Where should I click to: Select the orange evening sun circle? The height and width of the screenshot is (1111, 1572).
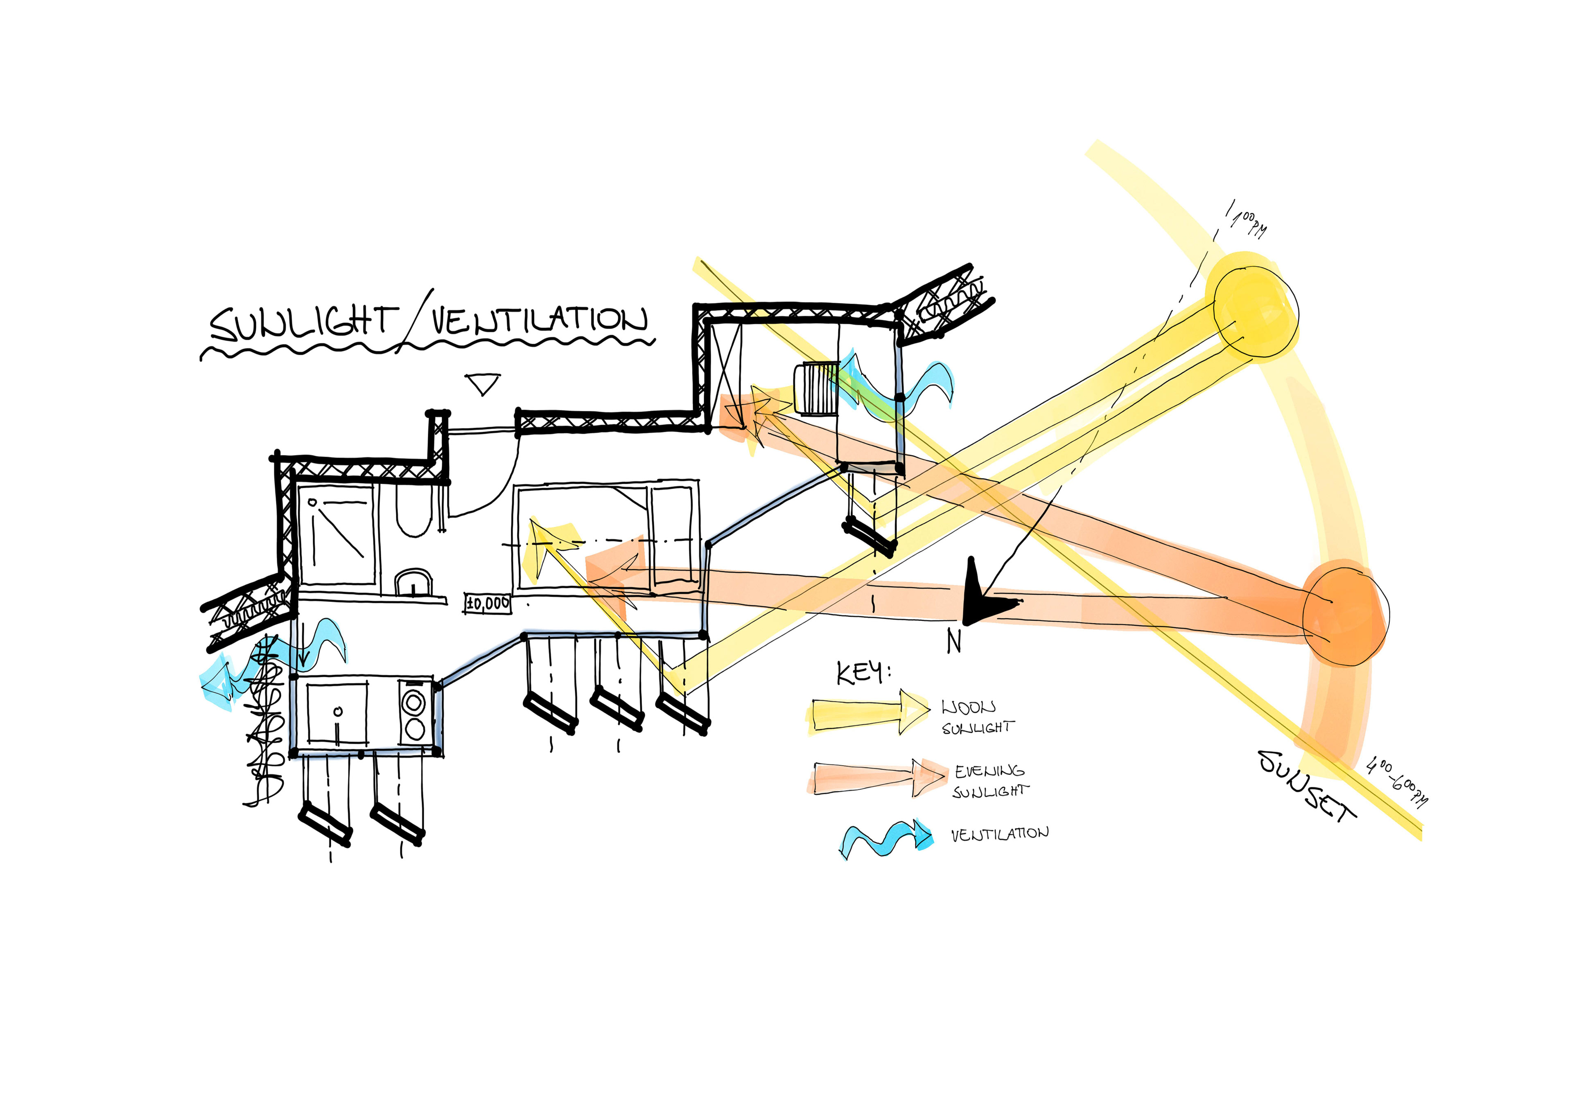1345,613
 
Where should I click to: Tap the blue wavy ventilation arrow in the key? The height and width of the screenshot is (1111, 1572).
887,838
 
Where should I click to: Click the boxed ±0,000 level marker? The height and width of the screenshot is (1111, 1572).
487,603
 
